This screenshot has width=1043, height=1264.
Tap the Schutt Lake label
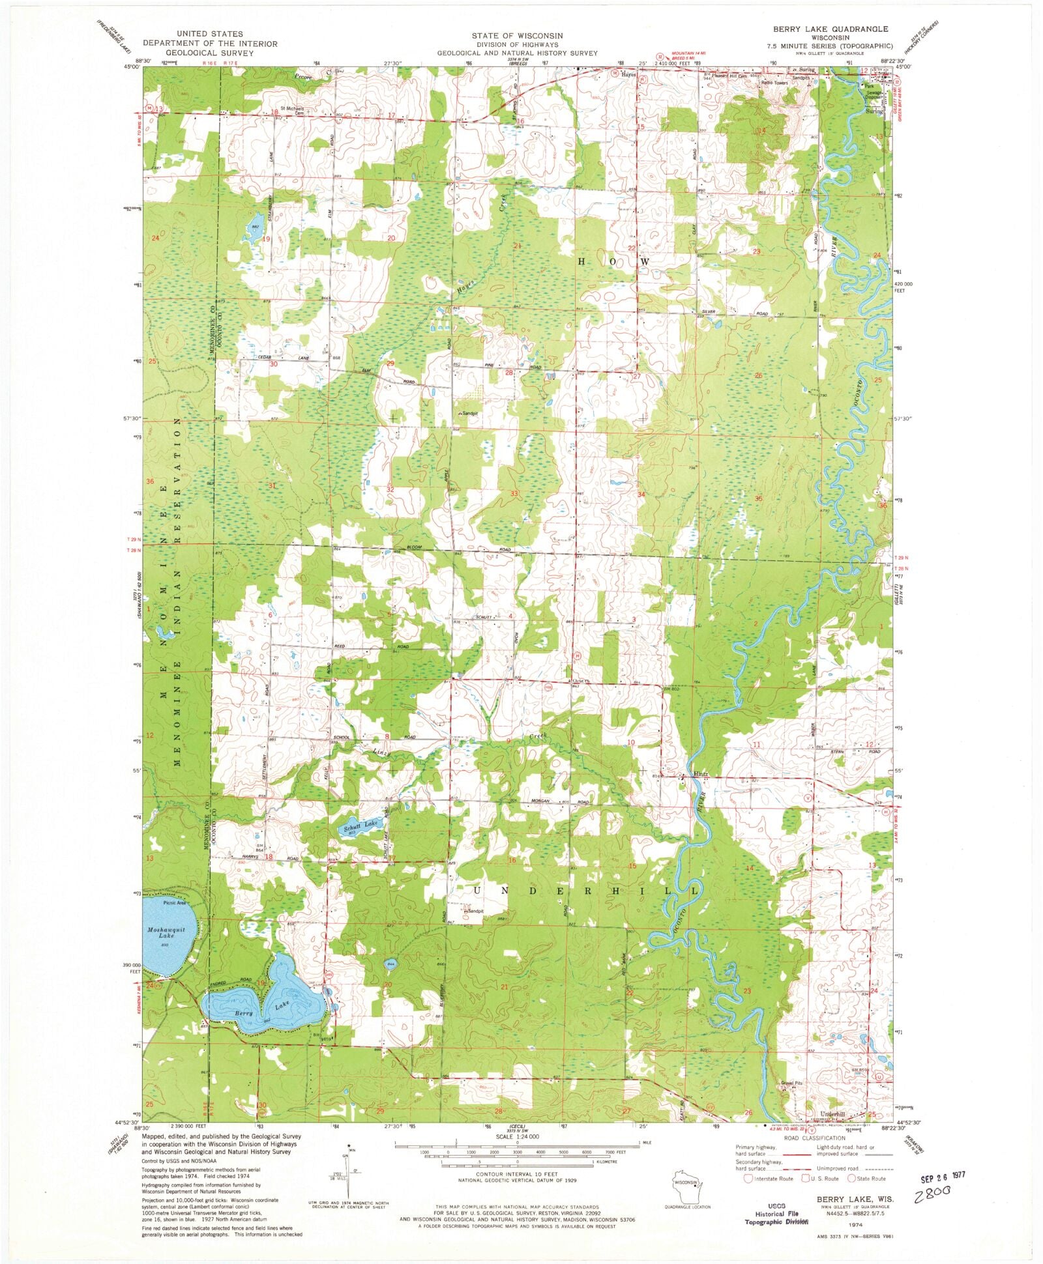point(360,824)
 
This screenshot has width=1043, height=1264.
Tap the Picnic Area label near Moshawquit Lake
point(175,902)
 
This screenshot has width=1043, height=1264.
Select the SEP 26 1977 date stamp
point(942,1177)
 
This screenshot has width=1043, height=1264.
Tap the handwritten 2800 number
point(933,1196)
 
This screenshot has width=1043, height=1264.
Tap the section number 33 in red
point(514,494)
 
